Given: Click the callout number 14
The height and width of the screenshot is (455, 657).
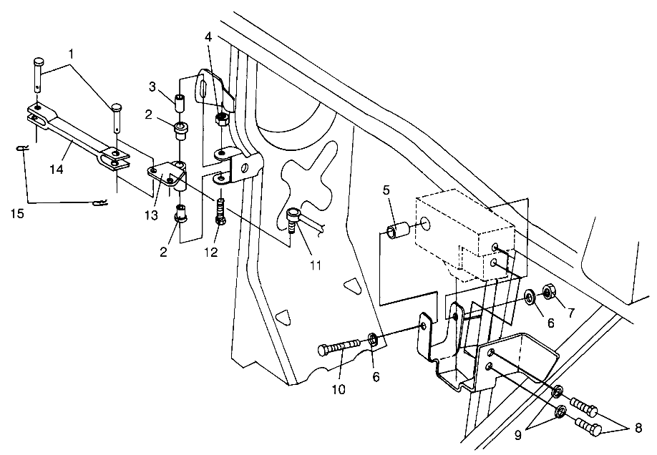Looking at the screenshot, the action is (57, 170).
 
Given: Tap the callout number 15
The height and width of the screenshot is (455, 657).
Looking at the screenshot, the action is (18, 214).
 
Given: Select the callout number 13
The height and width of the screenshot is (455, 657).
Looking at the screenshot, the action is (151, 215).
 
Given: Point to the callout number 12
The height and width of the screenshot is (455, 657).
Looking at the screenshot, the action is (211, 252).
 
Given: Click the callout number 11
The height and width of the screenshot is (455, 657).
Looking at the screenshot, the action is (315, 265).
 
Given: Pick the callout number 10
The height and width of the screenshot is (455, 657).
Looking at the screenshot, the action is (339, 389).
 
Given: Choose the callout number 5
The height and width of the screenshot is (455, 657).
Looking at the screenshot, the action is (386, 190).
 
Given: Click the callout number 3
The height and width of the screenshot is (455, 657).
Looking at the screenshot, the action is (152, 87).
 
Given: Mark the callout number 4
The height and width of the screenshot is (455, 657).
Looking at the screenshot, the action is (208, 36).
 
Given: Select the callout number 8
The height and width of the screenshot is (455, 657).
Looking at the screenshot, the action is (638, 429).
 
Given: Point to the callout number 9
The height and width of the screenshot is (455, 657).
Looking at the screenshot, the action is (518, 436).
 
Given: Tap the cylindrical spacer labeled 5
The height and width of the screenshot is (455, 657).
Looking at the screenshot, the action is (396, 233).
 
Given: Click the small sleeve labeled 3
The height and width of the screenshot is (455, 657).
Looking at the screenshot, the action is (180, 103).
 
